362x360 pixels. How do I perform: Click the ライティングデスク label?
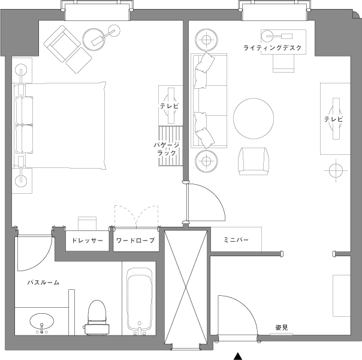(273, 48)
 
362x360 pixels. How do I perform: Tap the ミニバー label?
(236, 240)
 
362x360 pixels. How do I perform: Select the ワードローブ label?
(135, 241)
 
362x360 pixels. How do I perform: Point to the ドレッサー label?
(87, 241)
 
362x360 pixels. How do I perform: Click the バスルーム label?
(43, 283)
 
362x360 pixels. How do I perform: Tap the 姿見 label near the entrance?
(282, 328)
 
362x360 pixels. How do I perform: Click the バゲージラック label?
(167, 149)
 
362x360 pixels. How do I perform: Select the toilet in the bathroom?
(96, 317)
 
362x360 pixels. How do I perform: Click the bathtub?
(140, 301)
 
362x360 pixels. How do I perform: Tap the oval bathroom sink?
(42, 322)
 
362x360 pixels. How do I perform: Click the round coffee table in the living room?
(254, 119)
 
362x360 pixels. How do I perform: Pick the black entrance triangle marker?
(238, 356)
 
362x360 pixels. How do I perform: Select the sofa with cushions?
(209, 101)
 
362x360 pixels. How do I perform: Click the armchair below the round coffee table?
(254, 161)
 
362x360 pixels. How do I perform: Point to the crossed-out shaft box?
(186, 287)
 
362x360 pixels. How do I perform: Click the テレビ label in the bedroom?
(170, 106)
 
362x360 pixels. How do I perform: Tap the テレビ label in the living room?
(334, 119)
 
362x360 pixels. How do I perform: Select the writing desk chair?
(283, 64)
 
